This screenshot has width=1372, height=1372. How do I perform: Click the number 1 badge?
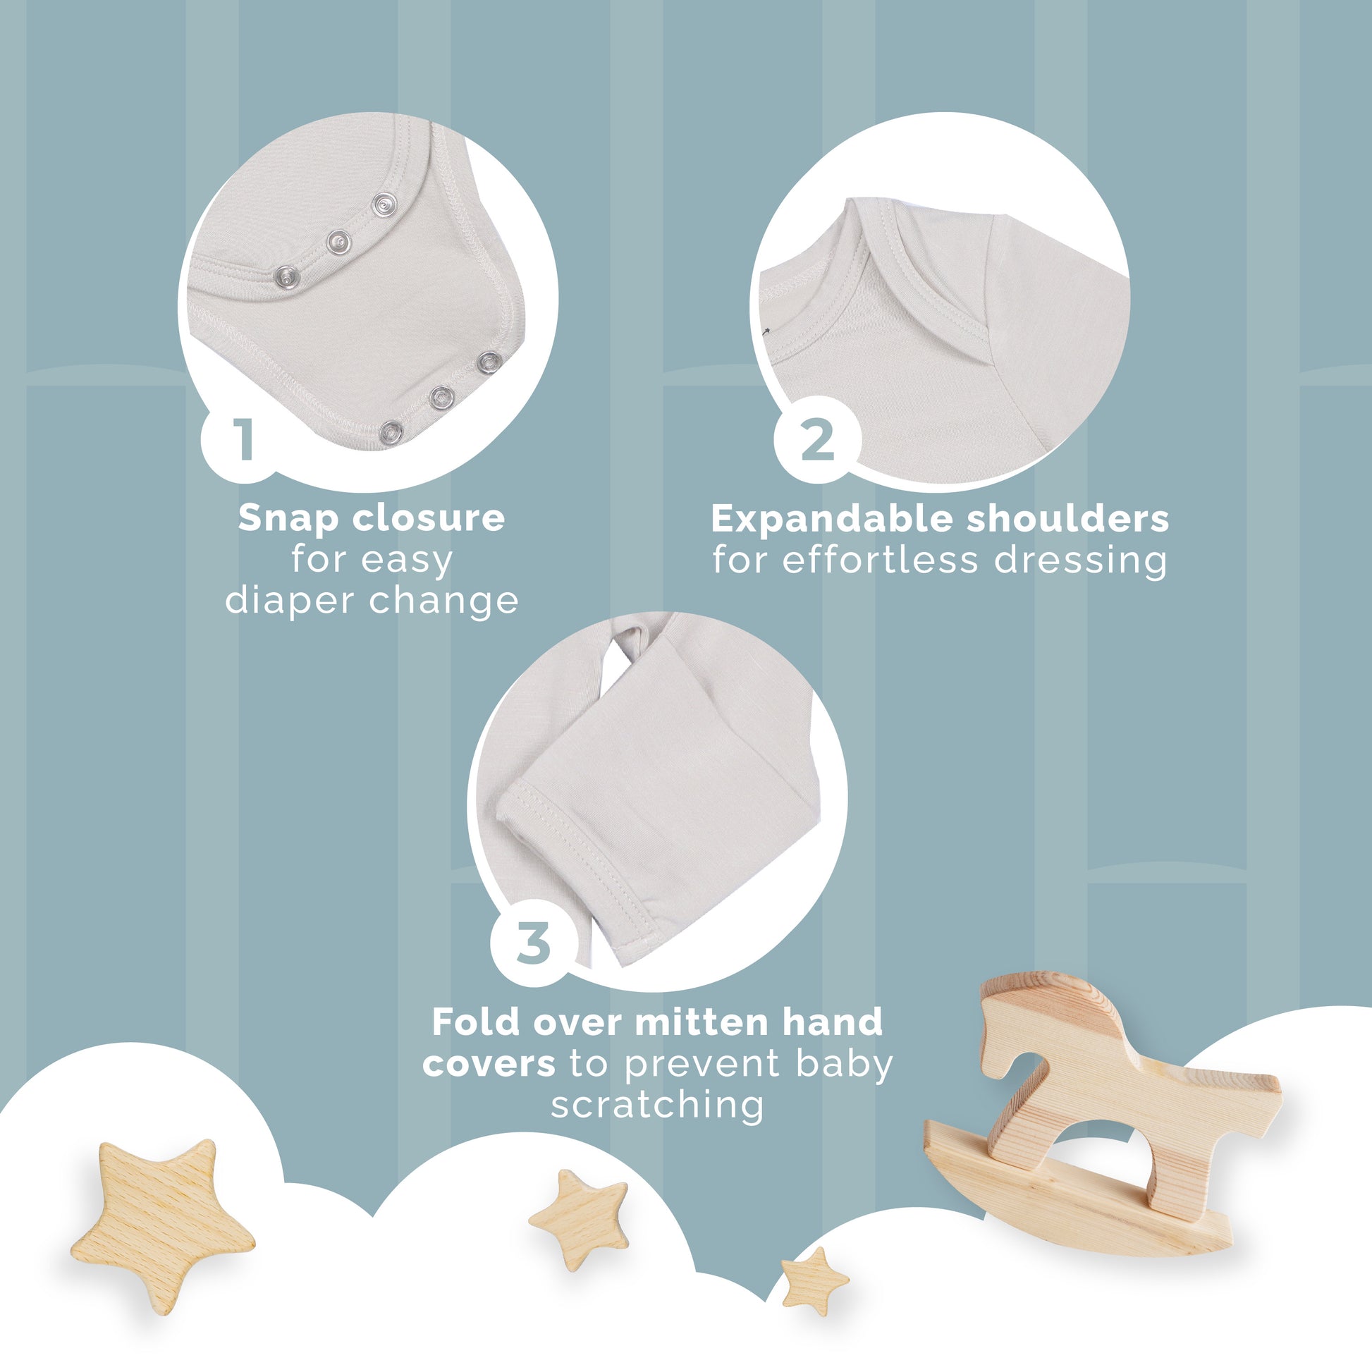click(x=241, y=439)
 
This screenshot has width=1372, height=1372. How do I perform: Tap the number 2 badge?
click(x=816, y=439)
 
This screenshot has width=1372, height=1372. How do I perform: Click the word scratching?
click(x=658, y=1105)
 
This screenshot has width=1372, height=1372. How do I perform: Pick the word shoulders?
click(x=1067, y=520)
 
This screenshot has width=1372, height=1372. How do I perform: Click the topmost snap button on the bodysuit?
click(x=384, y=204)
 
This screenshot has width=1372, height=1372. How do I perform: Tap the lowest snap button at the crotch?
click(x=391, y=431)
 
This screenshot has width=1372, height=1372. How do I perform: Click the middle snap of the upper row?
click(x=338, y=242)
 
